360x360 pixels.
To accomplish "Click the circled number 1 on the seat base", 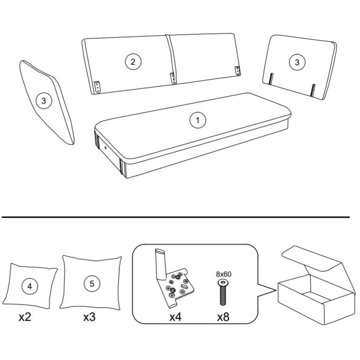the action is click(x=198, y=120).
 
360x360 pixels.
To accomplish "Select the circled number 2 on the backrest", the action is click(x=133, y=62).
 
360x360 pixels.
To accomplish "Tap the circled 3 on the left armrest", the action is click(x=44, y=100).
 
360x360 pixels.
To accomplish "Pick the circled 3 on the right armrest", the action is click(x=297, y=62).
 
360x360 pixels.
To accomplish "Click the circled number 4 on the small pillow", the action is click(x=30, y=286).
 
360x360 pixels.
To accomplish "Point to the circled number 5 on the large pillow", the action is click(x=92, y=284).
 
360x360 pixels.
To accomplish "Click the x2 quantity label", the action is click(x=25, y=317).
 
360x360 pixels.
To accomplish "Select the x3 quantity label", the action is click(x=89, y=317).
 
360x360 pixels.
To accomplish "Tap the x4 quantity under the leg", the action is click(x=176, y=317).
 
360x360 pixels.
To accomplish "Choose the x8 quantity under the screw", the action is click(x=223, y=317).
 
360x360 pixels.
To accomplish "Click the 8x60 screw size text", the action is click(x=224, y=274).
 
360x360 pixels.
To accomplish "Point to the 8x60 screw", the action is click(x=223, y=292).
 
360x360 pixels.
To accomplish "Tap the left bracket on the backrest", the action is click(x=97, y=86).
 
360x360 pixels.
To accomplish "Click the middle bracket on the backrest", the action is click(x=172, y=78).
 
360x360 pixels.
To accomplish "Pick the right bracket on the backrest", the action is click(x=237, y=71).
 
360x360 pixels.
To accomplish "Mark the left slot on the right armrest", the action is click(x=271, y=79).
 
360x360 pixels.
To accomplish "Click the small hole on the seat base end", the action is click(x=105, y=148).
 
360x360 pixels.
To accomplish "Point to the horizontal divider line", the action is click(x=176, y=217).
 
